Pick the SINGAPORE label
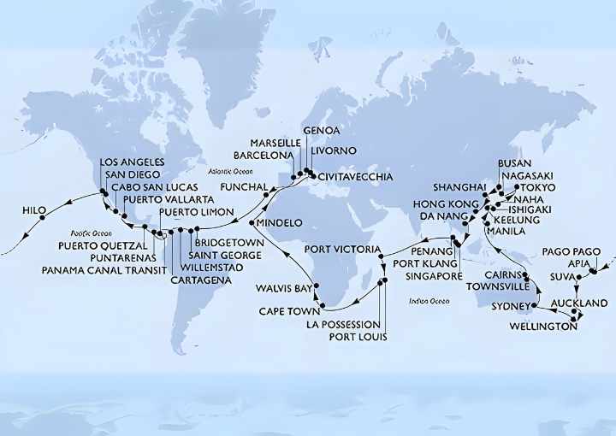pos(428,276)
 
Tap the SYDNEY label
pos(510,306)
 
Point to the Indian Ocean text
pos(429,301)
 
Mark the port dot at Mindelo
pos(252,223)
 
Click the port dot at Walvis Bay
pos(317,286)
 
